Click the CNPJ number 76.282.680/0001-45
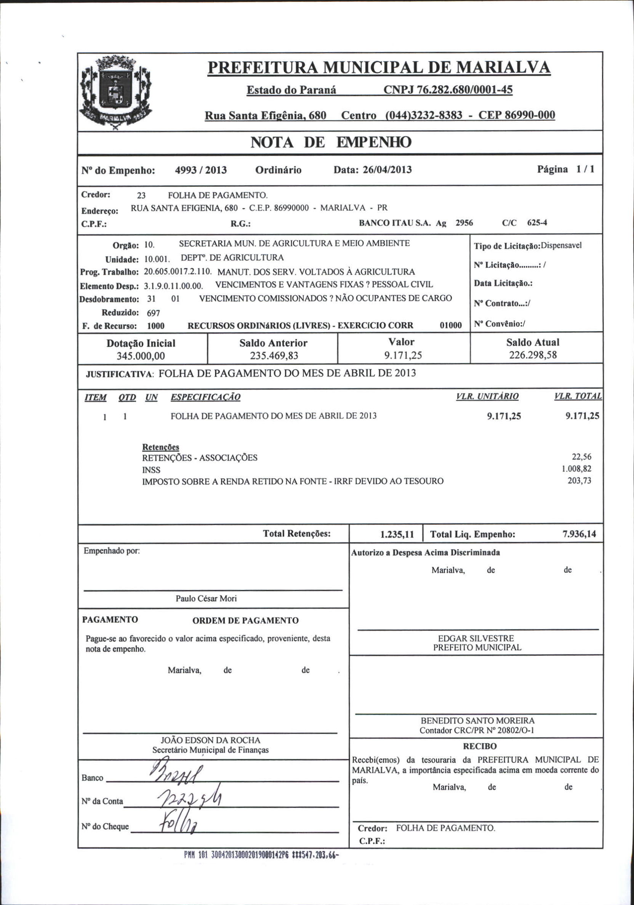point(448,90)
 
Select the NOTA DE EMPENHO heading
point(331,142)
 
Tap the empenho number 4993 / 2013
point(201,170)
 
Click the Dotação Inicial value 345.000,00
point(141,356)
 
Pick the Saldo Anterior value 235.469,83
point(274,356)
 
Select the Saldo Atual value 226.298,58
point(533,355)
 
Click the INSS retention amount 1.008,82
point(576,469)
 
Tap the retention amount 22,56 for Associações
point(581,457)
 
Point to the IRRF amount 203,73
point(579,481)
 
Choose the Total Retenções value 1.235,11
point(397,535)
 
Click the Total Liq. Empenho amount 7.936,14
point(579,534)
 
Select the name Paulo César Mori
point(206,598)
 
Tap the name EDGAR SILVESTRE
point(476,638)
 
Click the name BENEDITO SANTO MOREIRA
point(477,721)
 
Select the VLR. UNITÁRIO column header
point(487,396)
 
